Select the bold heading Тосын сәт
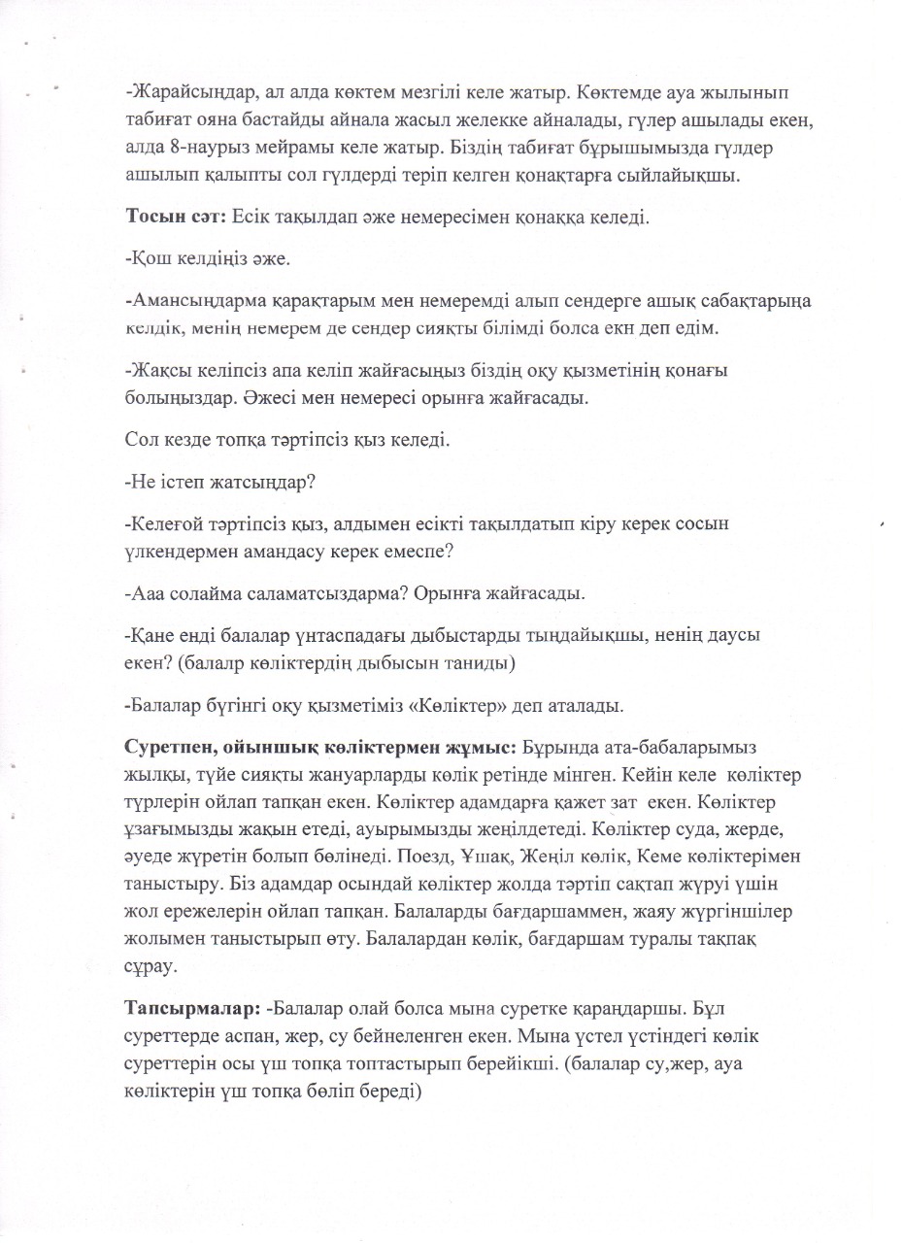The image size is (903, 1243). click(x=175, y=216)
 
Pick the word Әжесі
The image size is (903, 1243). click(x=394, y=397)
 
